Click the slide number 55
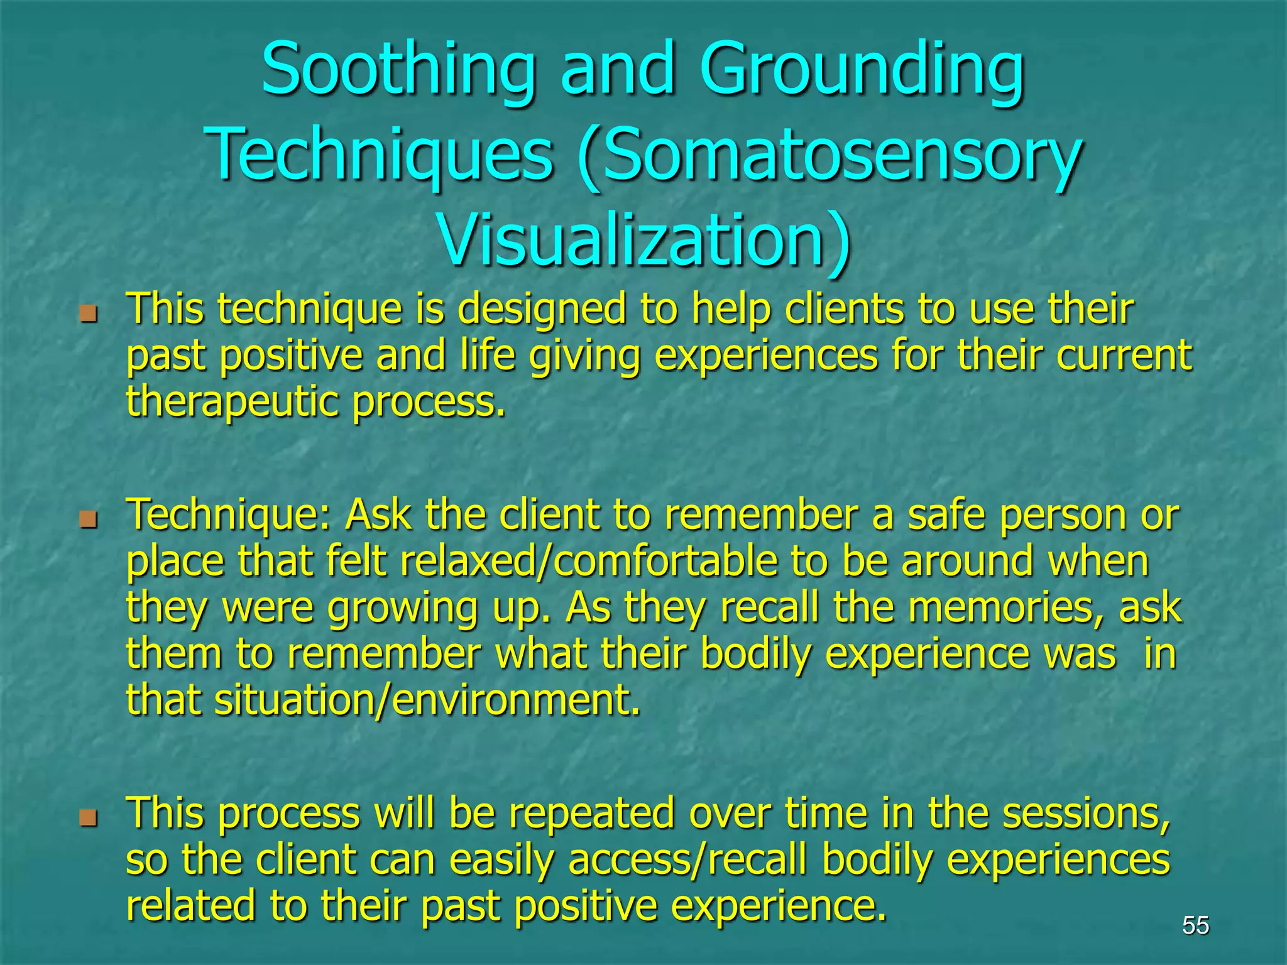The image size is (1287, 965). [x=1195, y=925]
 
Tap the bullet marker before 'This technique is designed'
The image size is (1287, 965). [x=89, y=312]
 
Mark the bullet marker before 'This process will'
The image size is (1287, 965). [x=89, y=817]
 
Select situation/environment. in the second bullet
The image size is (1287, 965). [x=427, y=700]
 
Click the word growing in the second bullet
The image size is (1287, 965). [x=403, y=608]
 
